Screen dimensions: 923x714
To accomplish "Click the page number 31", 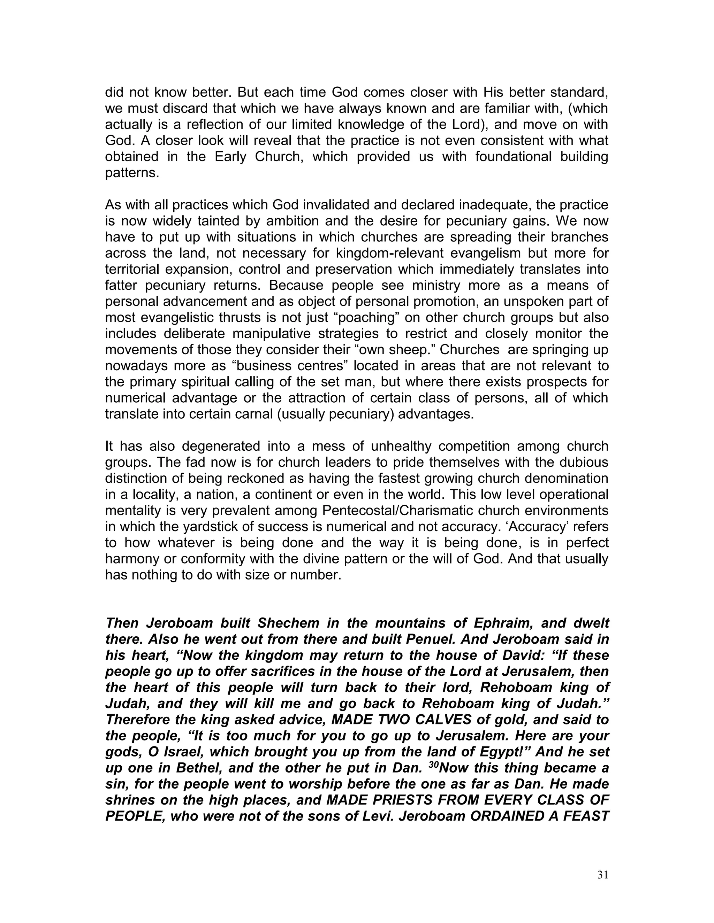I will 603,875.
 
